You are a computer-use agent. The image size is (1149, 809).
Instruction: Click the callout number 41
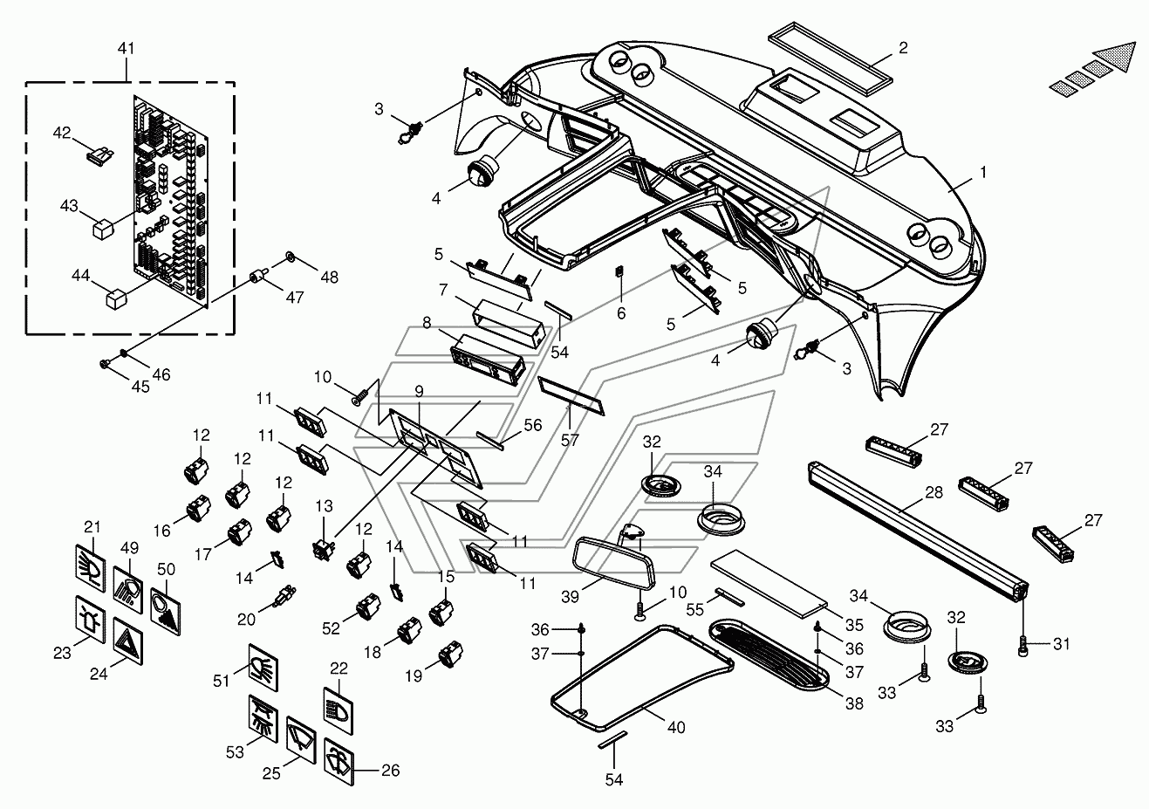126,49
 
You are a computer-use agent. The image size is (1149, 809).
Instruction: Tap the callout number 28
934,493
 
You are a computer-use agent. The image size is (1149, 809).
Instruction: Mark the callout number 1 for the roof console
983,173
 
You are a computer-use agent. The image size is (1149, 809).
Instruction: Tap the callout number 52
331,627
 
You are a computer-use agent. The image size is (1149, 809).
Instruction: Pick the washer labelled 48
289,258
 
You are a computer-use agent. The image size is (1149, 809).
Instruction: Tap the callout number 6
621,313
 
